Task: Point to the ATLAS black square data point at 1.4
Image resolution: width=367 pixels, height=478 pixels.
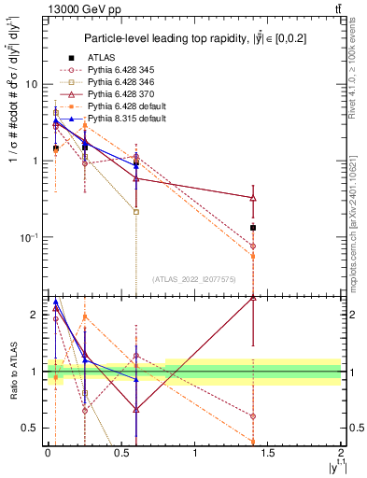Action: click(x=253, y=228)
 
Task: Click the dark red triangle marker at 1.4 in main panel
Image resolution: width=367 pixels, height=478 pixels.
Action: click(x=253, y=198)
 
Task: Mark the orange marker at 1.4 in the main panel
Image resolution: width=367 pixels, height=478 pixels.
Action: click(x=253, y=256)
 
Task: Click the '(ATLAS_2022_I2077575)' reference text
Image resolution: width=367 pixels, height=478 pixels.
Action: click(x=193, y=279)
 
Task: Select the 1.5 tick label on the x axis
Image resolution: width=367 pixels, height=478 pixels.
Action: click(x=268, y=453)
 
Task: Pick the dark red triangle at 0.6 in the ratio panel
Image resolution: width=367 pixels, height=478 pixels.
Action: click(x=136, y=409)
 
